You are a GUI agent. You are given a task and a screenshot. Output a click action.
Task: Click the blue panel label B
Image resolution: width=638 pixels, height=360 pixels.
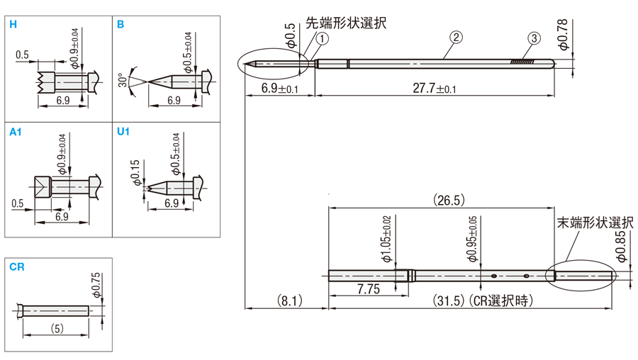click(121, 25)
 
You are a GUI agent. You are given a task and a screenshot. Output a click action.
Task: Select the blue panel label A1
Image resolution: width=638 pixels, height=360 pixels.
click(16, 132)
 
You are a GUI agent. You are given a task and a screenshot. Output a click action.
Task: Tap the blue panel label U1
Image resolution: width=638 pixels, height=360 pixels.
click(123, 132)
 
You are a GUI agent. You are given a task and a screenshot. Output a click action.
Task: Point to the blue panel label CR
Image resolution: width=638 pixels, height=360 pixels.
click(17, 267)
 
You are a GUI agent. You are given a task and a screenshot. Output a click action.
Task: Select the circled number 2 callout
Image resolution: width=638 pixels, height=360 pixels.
click(457, 37)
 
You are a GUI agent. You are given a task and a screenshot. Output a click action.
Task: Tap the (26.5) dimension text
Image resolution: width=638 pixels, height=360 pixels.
click(448, 201)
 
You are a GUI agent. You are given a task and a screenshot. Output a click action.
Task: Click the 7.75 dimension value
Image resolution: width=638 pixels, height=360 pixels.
click(368, 289)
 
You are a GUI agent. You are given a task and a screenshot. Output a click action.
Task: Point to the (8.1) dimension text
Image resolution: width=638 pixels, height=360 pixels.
click(286, 300)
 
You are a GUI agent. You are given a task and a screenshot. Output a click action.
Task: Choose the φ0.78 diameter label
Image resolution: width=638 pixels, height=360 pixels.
click(562, 35)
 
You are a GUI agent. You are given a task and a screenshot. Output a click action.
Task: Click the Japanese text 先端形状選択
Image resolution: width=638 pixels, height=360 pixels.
click(347, 23)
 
